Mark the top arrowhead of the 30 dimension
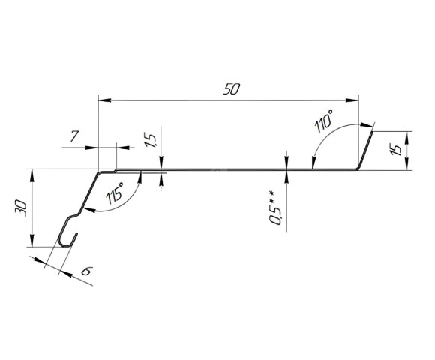(x=32, y=175)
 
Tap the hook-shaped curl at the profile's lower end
(x=67, y=235)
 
